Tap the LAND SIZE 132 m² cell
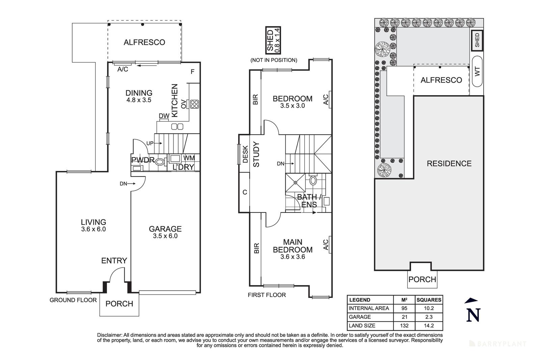click(x=404, y=326)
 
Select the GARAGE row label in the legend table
click(x=360, y=317)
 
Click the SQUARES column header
click(x=429, y=300)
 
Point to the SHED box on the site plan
click(x=477, y=40)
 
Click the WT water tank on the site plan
click(x=477, y=72)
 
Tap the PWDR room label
click(x=143, y=160)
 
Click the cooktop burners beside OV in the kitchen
click(x=194, y=104)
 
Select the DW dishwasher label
click(x=164, y=116)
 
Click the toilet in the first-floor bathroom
click(x=313, y=180)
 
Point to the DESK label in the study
click(x=245, y=154)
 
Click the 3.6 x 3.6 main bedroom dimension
click(x=292, y=257)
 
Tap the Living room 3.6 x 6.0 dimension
click(x=93, y=229)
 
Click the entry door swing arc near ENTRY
click(x=116, y=273)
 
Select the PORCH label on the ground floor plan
click(x=119, y=304)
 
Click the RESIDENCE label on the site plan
click(x=449, y=164)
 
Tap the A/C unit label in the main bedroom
click(x=325, y=245)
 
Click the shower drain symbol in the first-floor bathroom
click(x=296, y=183)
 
